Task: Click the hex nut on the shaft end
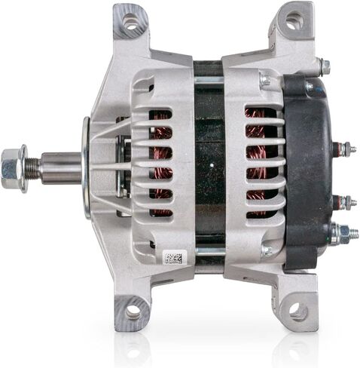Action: [x=14, y=162]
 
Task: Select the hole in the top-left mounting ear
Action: [x=131, y=22]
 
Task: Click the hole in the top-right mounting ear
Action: [x=294, y=21]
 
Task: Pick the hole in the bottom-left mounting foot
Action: [x=134, y=311]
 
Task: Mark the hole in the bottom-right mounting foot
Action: [x=296, y=310]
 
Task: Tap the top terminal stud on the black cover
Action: [x=344, y=149]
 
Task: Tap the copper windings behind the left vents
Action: [x=160, y=162]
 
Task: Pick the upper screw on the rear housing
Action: [x=265, y=80]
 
